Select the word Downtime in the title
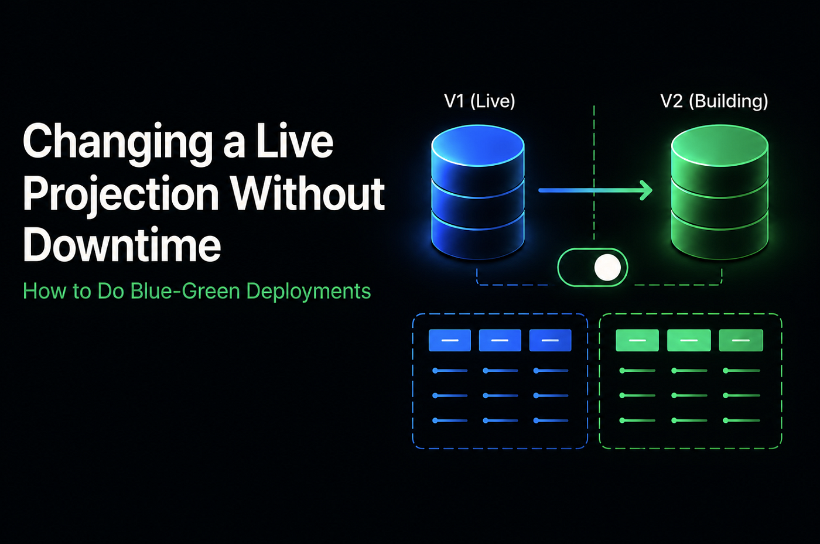click(x=122, y=244)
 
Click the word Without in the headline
click(x=307, y=193)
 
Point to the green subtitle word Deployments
click(x=309, y=292)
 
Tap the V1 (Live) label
click(x=480, y=101)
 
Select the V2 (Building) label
click(x=714, y=101)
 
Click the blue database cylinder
click(x=478, y=192)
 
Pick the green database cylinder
click(x=720, y=192)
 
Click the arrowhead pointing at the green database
click(x=646, y=190)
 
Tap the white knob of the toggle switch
click(x=607, y=268)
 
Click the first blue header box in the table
click(x=450, y=340)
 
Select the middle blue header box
click(x=500, y=340)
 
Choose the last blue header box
click(x=550, y=340)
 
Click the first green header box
click(x=637, y=340)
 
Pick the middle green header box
click(x=689, y=340)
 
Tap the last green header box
click(x=741, y=340)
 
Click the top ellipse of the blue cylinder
click(x=478, y=146)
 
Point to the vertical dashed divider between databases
click(x=594, y=173)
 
